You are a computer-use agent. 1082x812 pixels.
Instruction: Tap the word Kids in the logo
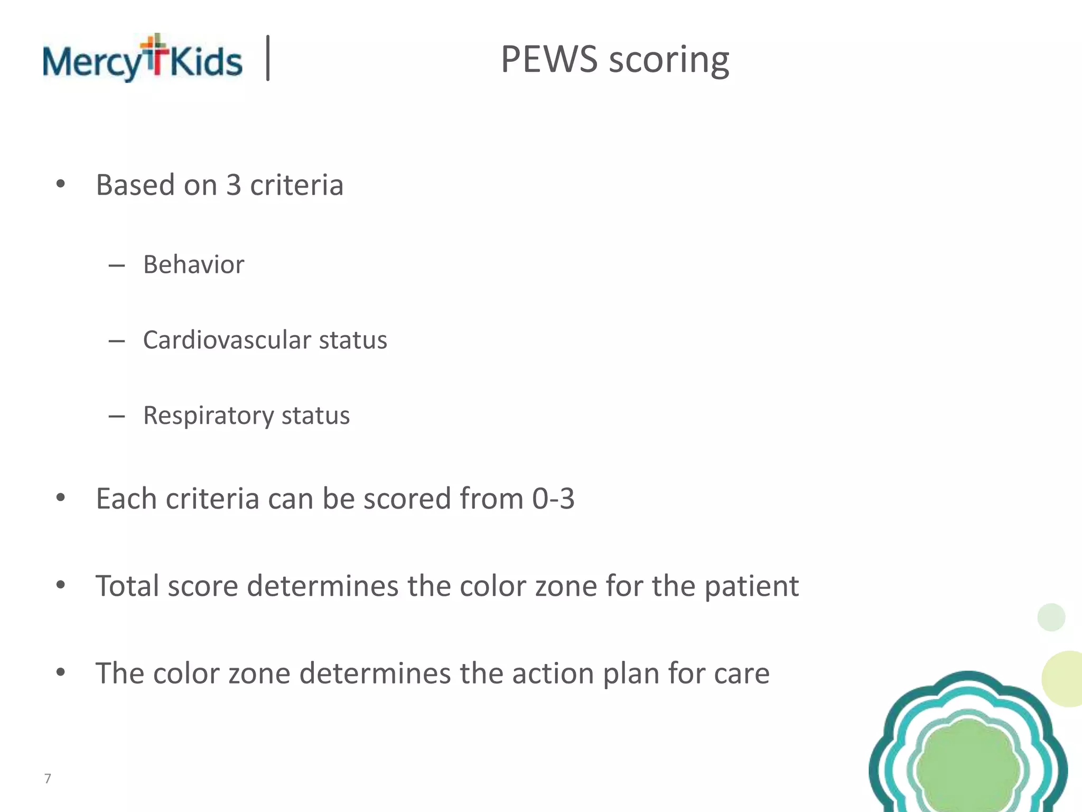(x=206, y=61)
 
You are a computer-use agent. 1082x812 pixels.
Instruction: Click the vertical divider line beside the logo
(x=268, y=58)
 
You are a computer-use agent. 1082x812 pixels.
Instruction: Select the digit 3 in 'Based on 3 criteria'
(x=234, y=185)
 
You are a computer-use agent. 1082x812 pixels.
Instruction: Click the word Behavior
(x=193, y=264)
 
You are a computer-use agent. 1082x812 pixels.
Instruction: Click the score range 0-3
(x=553, y=499)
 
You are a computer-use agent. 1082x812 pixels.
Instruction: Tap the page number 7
(x=48, y=778)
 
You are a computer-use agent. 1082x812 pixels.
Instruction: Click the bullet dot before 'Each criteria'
(x=61, y=497)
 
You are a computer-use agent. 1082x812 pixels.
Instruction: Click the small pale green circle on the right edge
(x=1051, y=617)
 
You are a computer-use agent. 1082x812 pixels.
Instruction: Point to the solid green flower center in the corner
(x=968, y=767)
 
